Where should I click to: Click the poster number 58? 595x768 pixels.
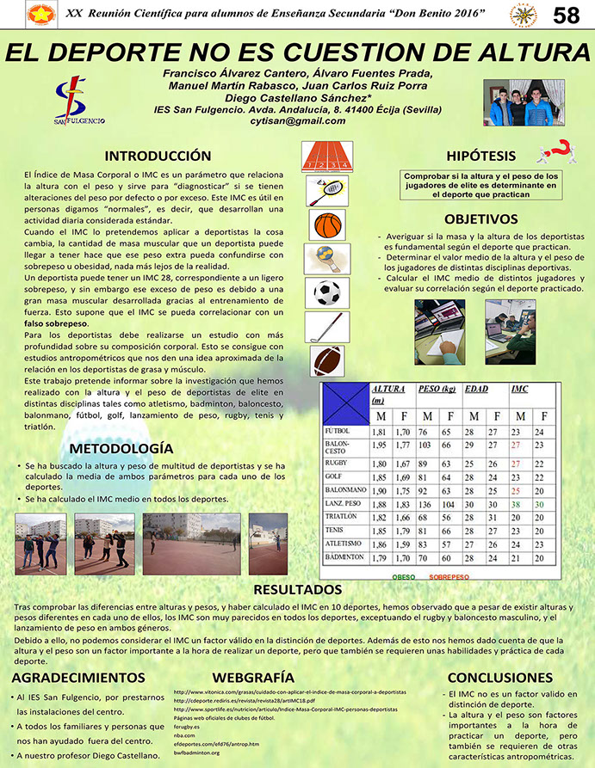(566, 15)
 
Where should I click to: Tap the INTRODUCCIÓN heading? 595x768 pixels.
(158, 156)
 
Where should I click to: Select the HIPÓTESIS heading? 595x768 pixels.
(480, 156)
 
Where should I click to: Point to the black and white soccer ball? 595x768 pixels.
(326, 292)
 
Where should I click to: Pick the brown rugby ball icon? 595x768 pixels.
(326, 359)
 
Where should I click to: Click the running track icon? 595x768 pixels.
(326, 156)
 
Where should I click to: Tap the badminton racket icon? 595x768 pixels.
(326, 190)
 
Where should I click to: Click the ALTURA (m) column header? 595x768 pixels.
(389, 394)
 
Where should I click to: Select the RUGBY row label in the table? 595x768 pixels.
(335, 462)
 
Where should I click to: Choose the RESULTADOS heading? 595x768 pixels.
(297, 590)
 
